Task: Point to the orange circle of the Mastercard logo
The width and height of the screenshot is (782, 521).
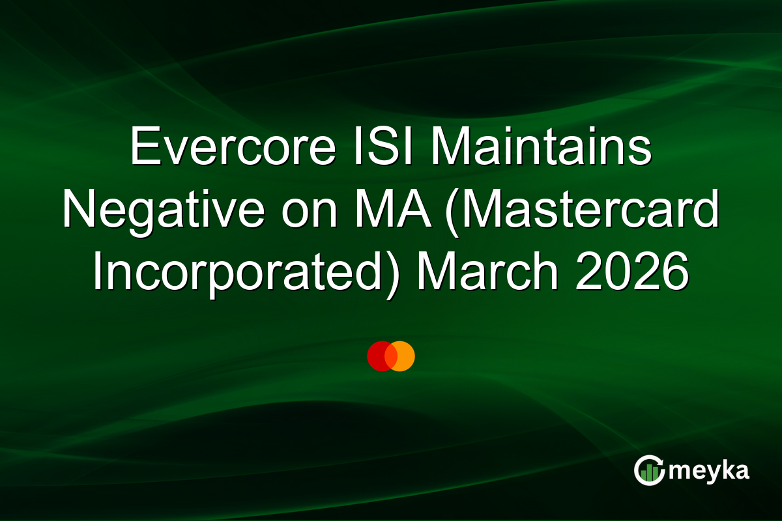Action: pos(403,356)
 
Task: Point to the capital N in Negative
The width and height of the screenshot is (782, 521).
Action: pos(79,210)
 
